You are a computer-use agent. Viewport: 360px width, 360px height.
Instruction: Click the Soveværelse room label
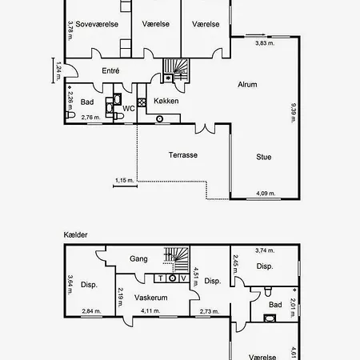pos(97,24)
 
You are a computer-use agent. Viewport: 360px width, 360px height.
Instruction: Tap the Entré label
pos(110,70)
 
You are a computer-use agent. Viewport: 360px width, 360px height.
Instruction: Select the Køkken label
pos(166,101)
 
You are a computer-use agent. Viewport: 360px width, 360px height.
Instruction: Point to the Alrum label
pos(247,85)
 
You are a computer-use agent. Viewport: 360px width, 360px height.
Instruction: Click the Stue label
pos(264,157)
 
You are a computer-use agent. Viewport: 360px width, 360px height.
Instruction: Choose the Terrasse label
pos(183,155)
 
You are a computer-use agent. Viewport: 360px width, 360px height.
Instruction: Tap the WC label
pos(129,109)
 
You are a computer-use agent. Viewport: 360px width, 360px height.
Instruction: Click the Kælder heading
pos(75,234)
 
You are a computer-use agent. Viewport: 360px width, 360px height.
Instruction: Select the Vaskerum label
pos(151,298)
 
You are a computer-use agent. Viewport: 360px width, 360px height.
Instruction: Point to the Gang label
pos(138,258)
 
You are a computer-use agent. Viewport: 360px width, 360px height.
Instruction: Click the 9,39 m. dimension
pos(293,113)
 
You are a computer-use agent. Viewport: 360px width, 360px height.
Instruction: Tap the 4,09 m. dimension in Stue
pos(266,194)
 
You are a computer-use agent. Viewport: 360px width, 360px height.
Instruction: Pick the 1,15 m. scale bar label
pos(125,180)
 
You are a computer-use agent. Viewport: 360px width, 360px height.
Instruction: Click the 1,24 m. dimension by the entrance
pos(58,71)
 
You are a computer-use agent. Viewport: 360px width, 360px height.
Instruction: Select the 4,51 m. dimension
pos(195,277)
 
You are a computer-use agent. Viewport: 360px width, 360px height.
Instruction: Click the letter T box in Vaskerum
pos(161,278)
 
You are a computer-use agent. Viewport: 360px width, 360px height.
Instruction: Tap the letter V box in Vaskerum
pos(184,278)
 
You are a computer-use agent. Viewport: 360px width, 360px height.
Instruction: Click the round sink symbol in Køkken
pos(159,119)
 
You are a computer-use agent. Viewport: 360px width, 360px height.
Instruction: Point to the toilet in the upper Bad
pos(70,115)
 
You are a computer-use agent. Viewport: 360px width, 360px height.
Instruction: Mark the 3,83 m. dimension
pos(265,43)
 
